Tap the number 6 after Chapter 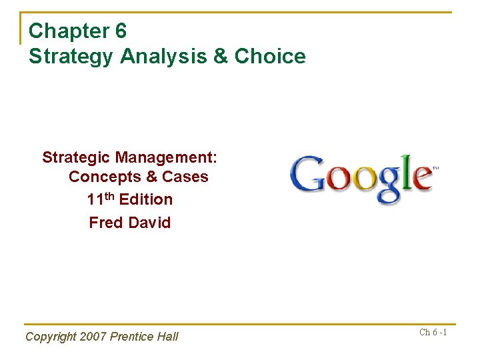(120, 31)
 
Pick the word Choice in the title (270, 56)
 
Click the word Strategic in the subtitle (76, 157)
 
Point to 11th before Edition (101, 199)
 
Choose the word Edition (146, 199)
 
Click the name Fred (107, 223)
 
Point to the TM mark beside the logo (436, 168)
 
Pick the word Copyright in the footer (51, 337)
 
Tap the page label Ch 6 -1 (433, 332)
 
